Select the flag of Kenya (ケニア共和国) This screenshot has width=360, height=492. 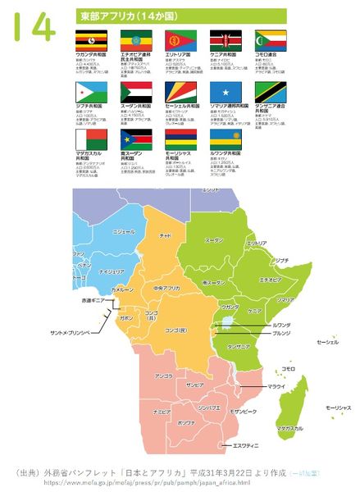tap(225, 39)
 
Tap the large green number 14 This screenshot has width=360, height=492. tap(34, 27)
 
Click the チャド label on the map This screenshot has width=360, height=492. tap(165, 235)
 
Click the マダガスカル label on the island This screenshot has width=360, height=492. tap(290, 428)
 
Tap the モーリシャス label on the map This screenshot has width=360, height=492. tap(338, 408)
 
